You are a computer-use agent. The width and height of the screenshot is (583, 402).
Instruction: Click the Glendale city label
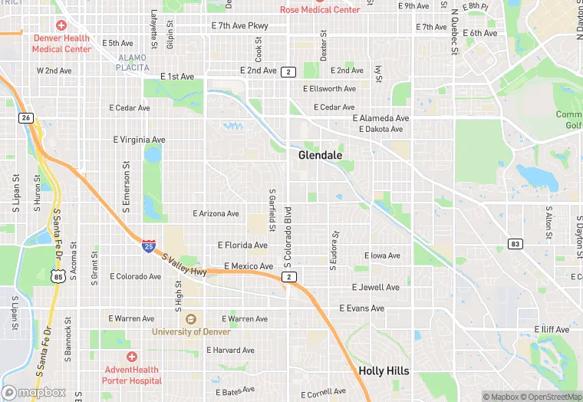[x=320, y=155]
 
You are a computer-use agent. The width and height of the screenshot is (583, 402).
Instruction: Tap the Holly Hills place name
[x=384, y=371]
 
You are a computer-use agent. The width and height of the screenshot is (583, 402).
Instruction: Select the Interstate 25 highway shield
[x=148, y=245]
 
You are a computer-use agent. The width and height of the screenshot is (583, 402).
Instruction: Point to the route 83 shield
[x=515, y=244]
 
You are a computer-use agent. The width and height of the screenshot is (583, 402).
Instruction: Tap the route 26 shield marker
[x=26, y=117]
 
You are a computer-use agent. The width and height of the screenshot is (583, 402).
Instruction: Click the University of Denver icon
[x=190, y=318]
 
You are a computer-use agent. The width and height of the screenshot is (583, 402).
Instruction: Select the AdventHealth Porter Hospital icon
[x=132, y=357]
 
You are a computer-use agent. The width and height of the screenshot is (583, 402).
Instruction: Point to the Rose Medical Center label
[x=320, y=10]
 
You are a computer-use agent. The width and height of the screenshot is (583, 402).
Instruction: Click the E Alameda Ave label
[x=381, y=118]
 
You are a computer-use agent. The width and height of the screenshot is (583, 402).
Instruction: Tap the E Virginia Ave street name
[x=140, y=140]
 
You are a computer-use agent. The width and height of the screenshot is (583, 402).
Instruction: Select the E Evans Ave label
[x=362, y=308]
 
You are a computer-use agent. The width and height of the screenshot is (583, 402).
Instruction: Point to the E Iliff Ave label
[x=552, y=330]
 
